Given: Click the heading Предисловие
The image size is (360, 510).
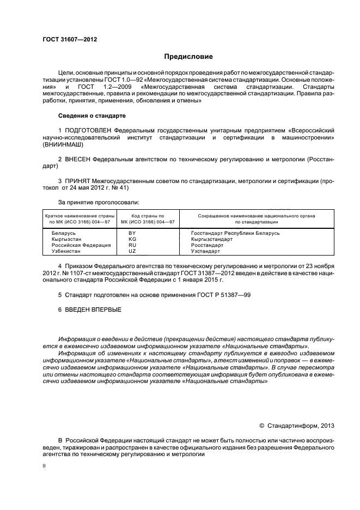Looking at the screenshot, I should coord(188,57).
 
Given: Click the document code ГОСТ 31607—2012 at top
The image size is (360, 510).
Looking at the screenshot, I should coord(70,39).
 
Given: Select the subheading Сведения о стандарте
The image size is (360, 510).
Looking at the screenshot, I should coord(91,116).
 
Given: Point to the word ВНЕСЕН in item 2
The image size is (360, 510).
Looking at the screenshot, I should coord(78,159).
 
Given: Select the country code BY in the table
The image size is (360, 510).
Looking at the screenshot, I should coord(132,233).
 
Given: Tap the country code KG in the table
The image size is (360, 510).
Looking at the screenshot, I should coord(132,239).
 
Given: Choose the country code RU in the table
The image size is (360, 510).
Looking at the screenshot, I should coord(132,245).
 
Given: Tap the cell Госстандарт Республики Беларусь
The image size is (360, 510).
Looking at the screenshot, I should coord(235,233).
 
